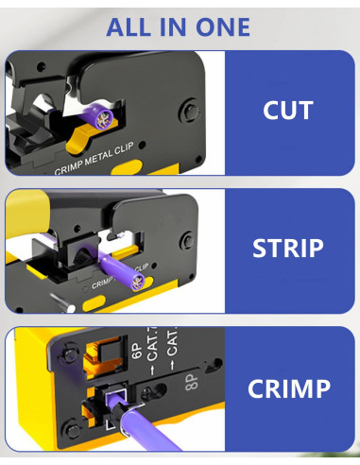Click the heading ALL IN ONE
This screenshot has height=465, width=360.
pyautogui.click(x=179, y=26)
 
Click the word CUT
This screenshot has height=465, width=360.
pyautogui.click(x=287, y=110)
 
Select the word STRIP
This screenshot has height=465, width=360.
pyautogui.click(x=287, y=249)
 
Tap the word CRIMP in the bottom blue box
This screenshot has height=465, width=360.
pyautogui.click(x=287, y=388)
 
